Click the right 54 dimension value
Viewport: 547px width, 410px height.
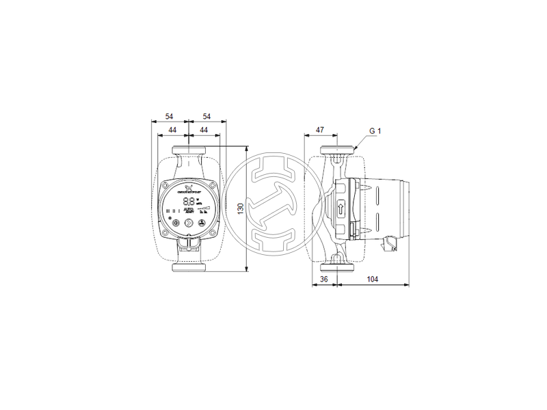[x=204, y=116]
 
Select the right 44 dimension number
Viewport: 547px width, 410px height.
[x=203, y=129]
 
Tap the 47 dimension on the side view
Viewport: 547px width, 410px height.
[x=319, y=129]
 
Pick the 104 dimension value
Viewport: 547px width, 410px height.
[x=372, y=279]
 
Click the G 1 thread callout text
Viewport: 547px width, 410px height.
[x=375, y=131]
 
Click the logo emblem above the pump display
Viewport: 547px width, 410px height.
[x=189, y=186]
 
